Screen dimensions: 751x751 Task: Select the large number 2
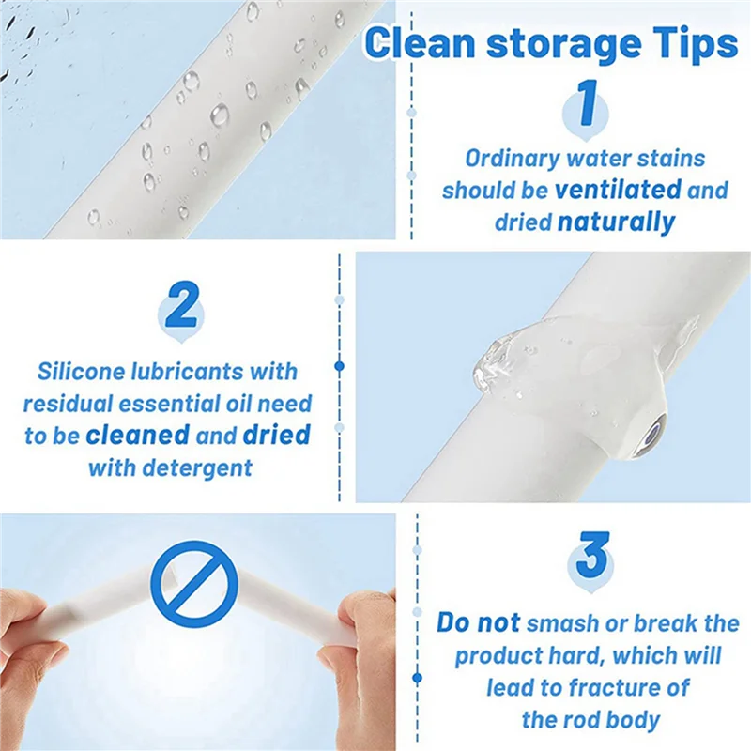(x=180, y=306)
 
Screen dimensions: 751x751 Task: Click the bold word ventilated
(x=618, y=190)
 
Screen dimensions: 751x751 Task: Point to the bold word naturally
(x=616, y=222)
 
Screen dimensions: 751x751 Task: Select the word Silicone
(x=84, y=371)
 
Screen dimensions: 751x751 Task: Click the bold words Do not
(x=478, y=622)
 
